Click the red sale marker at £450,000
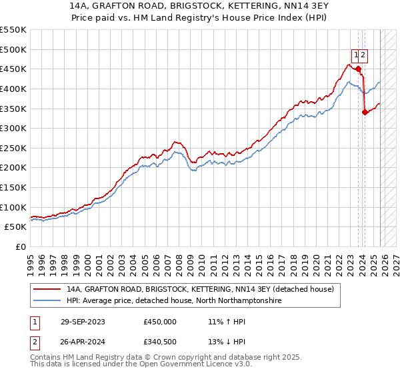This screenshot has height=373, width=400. point(359,69)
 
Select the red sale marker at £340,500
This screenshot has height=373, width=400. point(365,112)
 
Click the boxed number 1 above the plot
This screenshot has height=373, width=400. point(357,55)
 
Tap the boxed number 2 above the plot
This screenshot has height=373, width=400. point(365,55)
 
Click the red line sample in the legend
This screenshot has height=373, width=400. point(47,290)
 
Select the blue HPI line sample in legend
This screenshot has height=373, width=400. point(47,301)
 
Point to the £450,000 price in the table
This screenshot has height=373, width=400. point(160,322)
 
